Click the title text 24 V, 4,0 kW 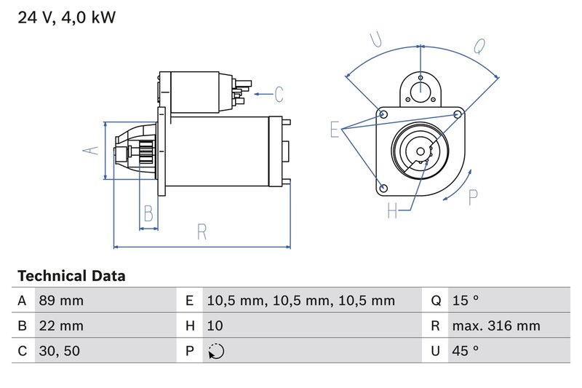[66, 18]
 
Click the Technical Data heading [71, 277]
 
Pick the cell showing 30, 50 [59, 351]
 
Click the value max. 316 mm [495, 325]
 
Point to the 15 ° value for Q [466, 301]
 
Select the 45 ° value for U [466, 351]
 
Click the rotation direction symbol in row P [216, 352]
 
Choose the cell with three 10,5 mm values [300, 301]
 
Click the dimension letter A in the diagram [90, 150]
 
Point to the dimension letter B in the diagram [148, 213]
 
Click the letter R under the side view [202, 232]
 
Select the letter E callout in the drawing [335, 130]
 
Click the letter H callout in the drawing [393, 210]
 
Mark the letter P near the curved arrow [474, 197]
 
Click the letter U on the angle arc [377, 40]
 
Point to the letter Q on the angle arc [479, 46]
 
